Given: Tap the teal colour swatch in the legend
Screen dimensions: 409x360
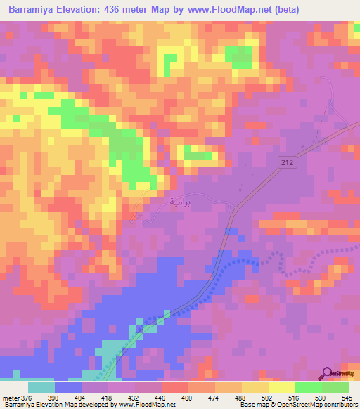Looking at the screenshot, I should click(41, 387).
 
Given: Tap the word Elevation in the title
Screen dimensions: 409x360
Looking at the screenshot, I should click(84, 10).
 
